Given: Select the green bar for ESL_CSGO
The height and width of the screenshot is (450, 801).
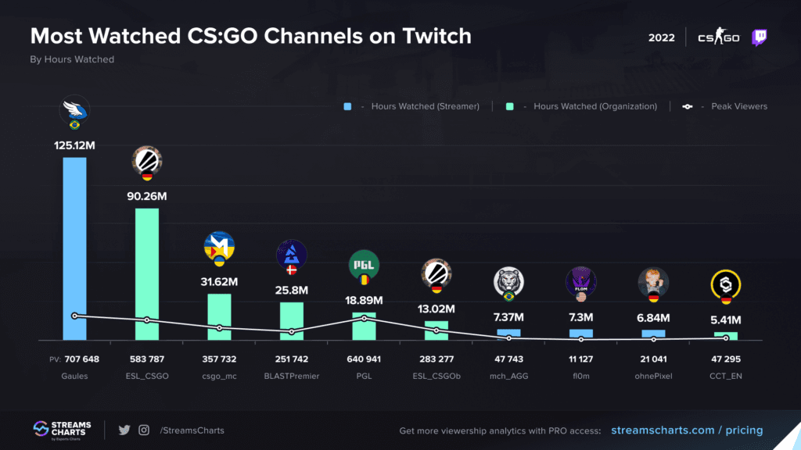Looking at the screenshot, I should (x=147, y=273).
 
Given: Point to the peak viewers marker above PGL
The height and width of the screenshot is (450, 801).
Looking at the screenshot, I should (x=364, y=318).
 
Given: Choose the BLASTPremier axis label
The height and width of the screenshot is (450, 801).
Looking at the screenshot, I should (x=291, y=375).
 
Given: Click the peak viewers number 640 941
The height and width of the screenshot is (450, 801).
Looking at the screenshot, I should (x=364, y=359).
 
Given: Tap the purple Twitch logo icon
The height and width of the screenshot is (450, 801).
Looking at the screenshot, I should (x=759, y=37).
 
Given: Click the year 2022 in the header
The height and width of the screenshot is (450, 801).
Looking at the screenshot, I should (x=662, y=37).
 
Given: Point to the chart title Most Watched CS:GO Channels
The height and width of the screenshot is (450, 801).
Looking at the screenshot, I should (x=250, y=36).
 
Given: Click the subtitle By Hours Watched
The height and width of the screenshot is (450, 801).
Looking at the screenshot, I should (x=72, y=59).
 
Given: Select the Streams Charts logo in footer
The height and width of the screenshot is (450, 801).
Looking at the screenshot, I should (x=63, y=430).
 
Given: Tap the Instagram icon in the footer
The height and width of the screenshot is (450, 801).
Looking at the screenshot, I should (x=144, y=430).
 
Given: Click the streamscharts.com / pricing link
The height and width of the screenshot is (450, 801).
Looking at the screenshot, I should (x=687, y=430).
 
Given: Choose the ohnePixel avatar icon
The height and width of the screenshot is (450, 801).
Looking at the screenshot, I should (x=653, y=280).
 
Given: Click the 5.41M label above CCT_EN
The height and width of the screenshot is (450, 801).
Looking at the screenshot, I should (x=725, y=319).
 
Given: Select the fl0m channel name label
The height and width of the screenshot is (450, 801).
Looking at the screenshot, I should (x=580, y=375).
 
